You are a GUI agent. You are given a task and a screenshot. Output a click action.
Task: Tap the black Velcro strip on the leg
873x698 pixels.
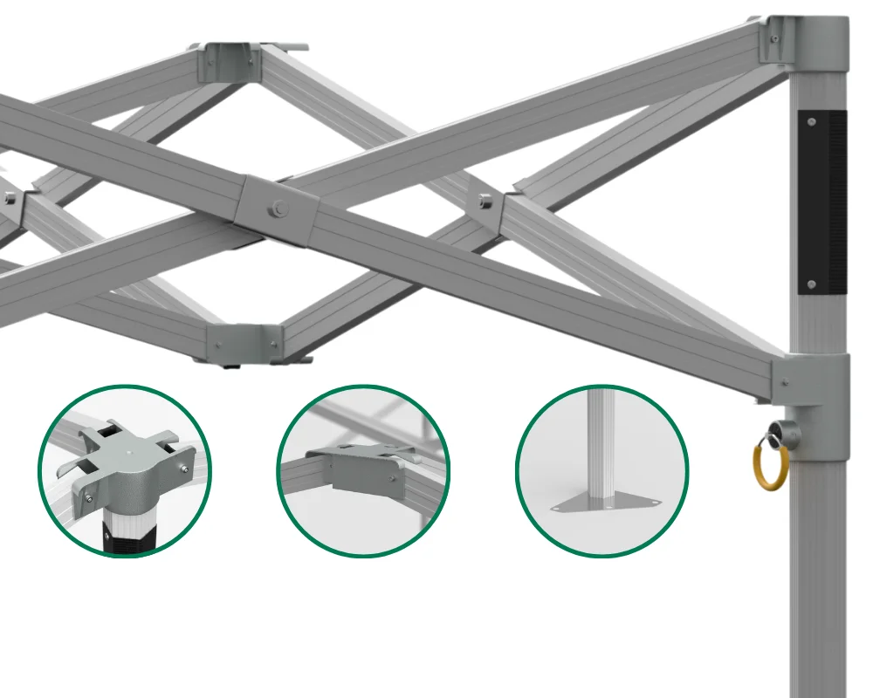pyautogui.click(x=821, y=202)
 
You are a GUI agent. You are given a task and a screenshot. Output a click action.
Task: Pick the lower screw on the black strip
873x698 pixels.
pyautogui.click(x=812, y=284)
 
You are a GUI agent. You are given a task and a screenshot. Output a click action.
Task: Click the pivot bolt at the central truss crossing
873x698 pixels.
pyautogui.click(x=278, y=208)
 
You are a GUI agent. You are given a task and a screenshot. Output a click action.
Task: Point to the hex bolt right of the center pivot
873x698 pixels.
pyautogui.click(x=485, y=202)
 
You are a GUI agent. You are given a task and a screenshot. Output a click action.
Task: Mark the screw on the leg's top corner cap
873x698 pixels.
pyautogui.click(x=773, y=38)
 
